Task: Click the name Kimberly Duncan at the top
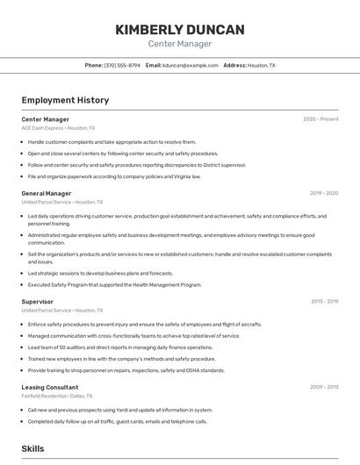[180, 30]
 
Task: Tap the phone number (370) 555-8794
[122, 65]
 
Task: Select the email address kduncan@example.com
[190, 65]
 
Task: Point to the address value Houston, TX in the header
[262, 65]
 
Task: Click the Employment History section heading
[65, 100]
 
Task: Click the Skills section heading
[33, 448]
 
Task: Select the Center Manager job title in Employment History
[46, 119]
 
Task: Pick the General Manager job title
[47, 193]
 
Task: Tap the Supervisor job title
[38, 302]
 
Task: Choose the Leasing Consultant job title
[50, 387]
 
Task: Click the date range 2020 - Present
[320, 119]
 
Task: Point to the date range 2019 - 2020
[324, 193]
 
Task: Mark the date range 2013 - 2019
[324, 302]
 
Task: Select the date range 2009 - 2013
[324, 387]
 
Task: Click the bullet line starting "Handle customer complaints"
[112, 141]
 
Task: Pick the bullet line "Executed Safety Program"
[114, 284]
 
